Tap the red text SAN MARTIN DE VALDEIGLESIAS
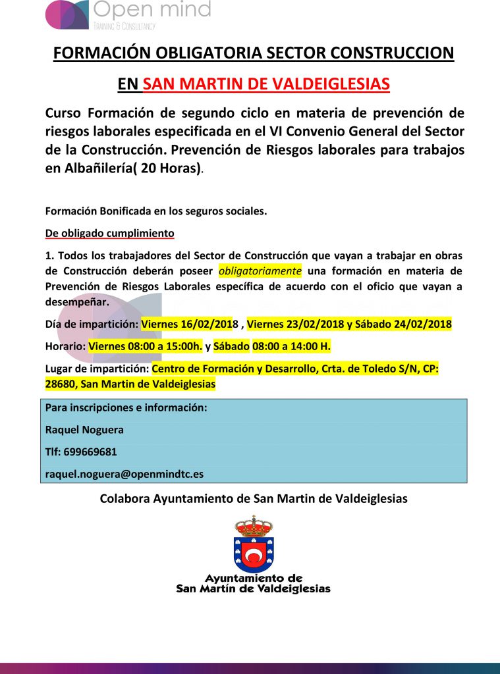[x=266, y=84]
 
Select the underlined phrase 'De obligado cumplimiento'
[x=109, y=233]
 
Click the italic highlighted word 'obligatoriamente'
[x=260, y=271]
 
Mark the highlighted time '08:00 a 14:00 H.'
[x=287, y=346]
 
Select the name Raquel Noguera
[x=84, y=430]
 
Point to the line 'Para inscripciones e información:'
[x=126, y=407]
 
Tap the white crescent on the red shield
[x=253, y=558]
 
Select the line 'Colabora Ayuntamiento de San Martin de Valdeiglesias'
[x=254, y=498]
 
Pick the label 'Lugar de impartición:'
[x=97, y=369]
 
